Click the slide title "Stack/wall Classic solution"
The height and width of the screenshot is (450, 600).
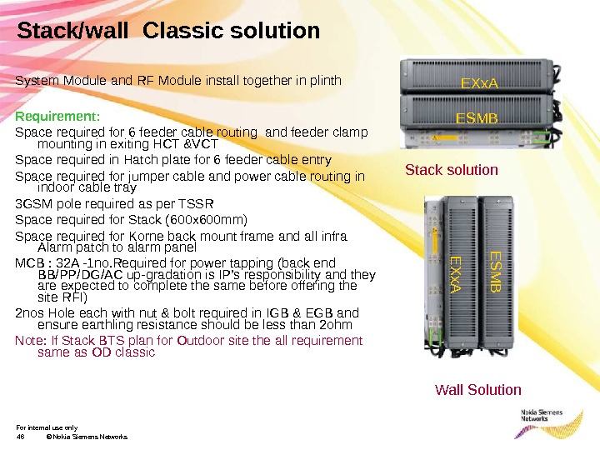pos(168,32)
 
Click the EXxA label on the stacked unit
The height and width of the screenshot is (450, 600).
pos(479,83)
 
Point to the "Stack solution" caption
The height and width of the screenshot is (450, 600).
pos(451,170)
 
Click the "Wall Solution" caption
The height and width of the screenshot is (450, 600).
pos(478,390)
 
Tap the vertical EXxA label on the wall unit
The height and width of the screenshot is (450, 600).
pos(455,275)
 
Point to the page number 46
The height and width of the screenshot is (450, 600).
pos(21,437)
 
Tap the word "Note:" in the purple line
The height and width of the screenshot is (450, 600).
pos(31,340)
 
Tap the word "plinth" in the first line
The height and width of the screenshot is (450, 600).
pos(324,81)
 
